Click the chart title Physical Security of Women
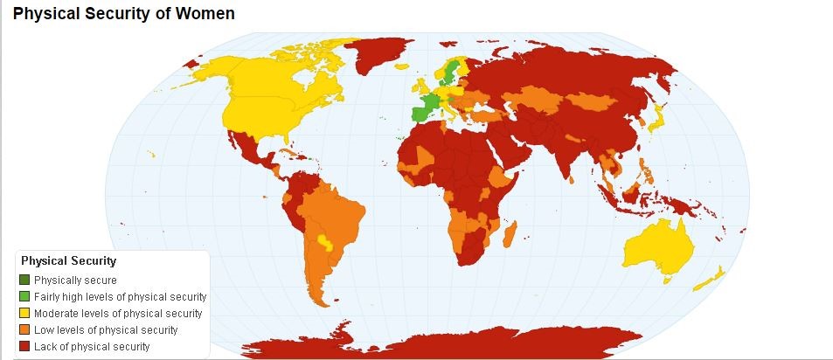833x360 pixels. click(x=123, y=14)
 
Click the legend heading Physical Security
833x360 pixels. click(x=69, y=260)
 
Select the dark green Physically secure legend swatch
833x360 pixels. click(x=24, y=280)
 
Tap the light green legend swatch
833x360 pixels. click(x=24, y=296)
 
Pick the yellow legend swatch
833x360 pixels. click(x=24, y=313)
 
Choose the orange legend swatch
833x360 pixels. click(x=24, y=329)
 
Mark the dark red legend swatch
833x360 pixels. click(x=24, y=346)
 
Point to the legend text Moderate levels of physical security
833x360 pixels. click(x=117, y=313)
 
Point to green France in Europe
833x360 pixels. click(x=424, y=109)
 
